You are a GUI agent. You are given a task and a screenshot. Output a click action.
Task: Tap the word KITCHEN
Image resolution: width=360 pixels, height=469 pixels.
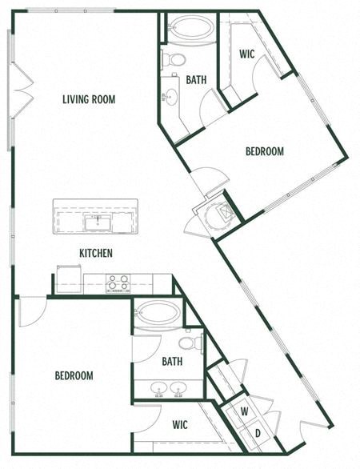tap(95, 253)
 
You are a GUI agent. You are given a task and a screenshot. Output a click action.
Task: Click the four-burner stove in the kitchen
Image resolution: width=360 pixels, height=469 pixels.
tap(118, 283)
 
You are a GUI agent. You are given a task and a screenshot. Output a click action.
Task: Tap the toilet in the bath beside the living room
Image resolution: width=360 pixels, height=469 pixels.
tap(174, 59)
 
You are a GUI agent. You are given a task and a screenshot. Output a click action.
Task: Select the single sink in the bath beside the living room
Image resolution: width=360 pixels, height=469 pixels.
tap(170, 98)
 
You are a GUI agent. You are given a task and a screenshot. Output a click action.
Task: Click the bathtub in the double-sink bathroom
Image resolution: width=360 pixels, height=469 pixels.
tap(158, 315)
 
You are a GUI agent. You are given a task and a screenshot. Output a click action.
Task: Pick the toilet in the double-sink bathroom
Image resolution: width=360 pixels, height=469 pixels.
tap(189, 343)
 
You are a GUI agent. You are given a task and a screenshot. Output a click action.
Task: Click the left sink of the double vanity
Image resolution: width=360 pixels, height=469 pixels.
tap(155, 389)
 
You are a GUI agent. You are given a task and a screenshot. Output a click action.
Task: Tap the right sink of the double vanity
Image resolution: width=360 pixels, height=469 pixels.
tap(178, 389)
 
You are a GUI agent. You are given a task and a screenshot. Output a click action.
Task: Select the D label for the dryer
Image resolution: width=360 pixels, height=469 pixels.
tap(258, 434)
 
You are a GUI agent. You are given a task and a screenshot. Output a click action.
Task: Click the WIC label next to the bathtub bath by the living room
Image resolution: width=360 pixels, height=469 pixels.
tap(247, 55)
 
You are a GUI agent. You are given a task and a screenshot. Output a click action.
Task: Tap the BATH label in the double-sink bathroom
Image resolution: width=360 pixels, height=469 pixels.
tap(171, 361)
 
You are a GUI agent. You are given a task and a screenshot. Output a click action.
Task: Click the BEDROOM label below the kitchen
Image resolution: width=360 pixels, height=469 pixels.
tap(74, 375)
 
